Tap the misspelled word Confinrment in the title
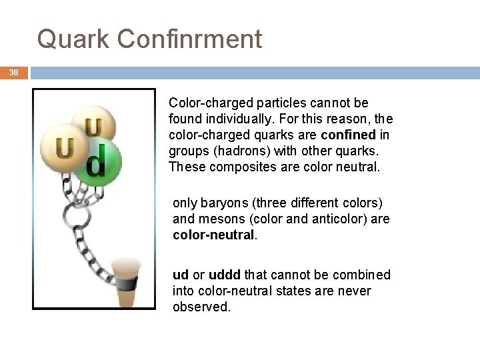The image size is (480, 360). [x=189, y=39]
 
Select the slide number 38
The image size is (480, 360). [x=14, y=73]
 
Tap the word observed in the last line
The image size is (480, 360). [x=201, y=307]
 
